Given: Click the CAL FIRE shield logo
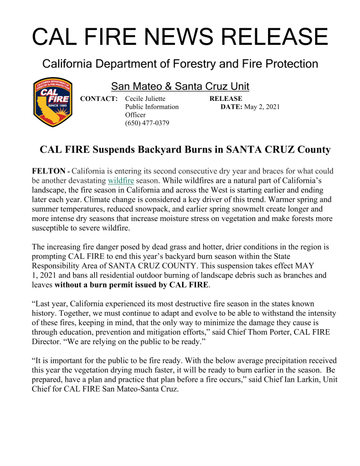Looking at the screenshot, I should (53, 103).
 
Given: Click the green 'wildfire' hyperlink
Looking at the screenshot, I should (121, 181).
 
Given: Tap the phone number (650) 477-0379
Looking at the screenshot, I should (147, 123).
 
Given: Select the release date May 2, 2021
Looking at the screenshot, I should (263, 106).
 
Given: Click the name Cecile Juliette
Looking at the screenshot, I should (146, 99).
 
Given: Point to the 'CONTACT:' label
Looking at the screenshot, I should (99, 99).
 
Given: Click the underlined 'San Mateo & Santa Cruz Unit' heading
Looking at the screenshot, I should (180, 86).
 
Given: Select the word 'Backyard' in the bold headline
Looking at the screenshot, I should (171, 150).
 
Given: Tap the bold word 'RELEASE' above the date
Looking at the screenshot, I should (226, 99).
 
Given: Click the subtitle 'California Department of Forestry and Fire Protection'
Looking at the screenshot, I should (180, 64).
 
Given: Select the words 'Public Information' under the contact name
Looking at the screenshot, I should (152, 106).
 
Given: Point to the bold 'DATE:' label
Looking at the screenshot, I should (231, 106).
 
